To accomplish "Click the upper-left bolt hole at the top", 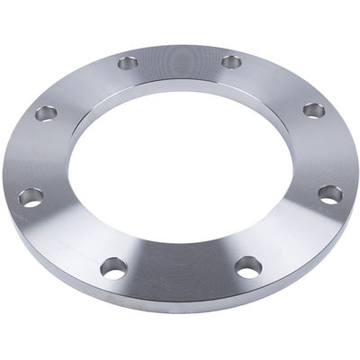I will pyautogui.click(x=128, y=63).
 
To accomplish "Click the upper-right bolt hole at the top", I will pyautogui.click(x=231, y=62).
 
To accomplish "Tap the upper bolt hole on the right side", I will pyautogui.click(x=313, y=110).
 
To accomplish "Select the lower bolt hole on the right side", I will pyautogui.click(x=329, y=193).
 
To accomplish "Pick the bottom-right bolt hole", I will pyautogui.click(x=248, y=265).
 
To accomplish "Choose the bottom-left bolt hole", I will pyautogui.click(x=113, y=267).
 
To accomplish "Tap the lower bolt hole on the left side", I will pyautogui.click(x=31, y=196).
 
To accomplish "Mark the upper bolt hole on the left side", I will pyautogui.click(x=46, y=113).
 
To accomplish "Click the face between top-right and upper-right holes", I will pyautogui.click(x=277, y=81).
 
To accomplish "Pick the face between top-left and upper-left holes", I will pyautogui.click(x=83, y=83).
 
